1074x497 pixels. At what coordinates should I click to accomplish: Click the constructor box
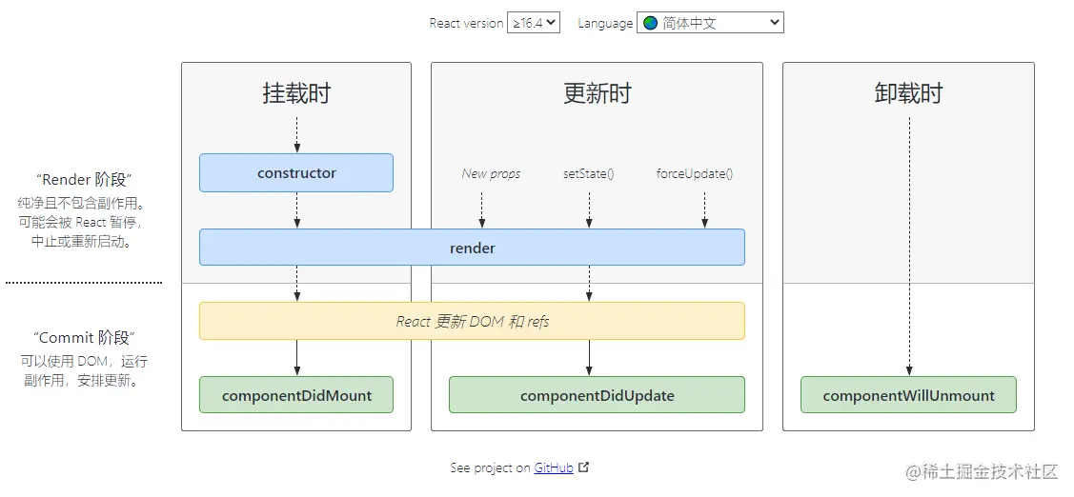point(296,173)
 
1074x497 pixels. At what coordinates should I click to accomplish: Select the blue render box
point(472,248)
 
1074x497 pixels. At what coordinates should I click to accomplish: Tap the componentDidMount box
point(296,395)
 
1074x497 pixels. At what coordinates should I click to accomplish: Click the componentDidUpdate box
point(597,395)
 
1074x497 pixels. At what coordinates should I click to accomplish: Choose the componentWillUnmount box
point(908,395)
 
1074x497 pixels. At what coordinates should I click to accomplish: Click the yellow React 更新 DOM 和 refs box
point(472,322)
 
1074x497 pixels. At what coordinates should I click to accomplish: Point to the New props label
point(491,173)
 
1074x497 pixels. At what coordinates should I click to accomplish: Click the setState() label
point(588,173)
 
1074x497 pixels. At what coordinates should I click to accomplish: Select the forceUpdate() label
point(695,173)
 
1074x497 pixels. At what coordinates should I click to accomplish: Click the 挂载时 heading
point(296,93)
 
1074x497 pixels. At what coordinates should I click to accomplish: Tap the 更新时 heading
point(597,93)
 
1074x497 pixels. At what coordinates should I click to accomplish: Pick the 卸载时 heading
point(908,93)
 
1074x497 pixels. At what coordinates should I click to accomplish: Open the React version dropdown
point(534,23)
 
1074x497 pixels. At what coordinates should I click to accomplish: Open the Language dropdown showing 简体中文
point(710,23)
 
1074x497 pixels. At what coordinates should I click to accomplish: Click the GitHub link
point(554,467)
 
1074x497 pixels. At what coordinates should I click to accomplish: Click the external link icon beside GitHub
point(584,467)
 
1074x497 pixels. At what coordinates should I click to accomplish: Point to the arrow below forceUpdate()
point(705,209)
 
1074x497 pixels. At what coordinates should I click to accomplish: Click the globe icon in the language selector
point(651,23)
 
